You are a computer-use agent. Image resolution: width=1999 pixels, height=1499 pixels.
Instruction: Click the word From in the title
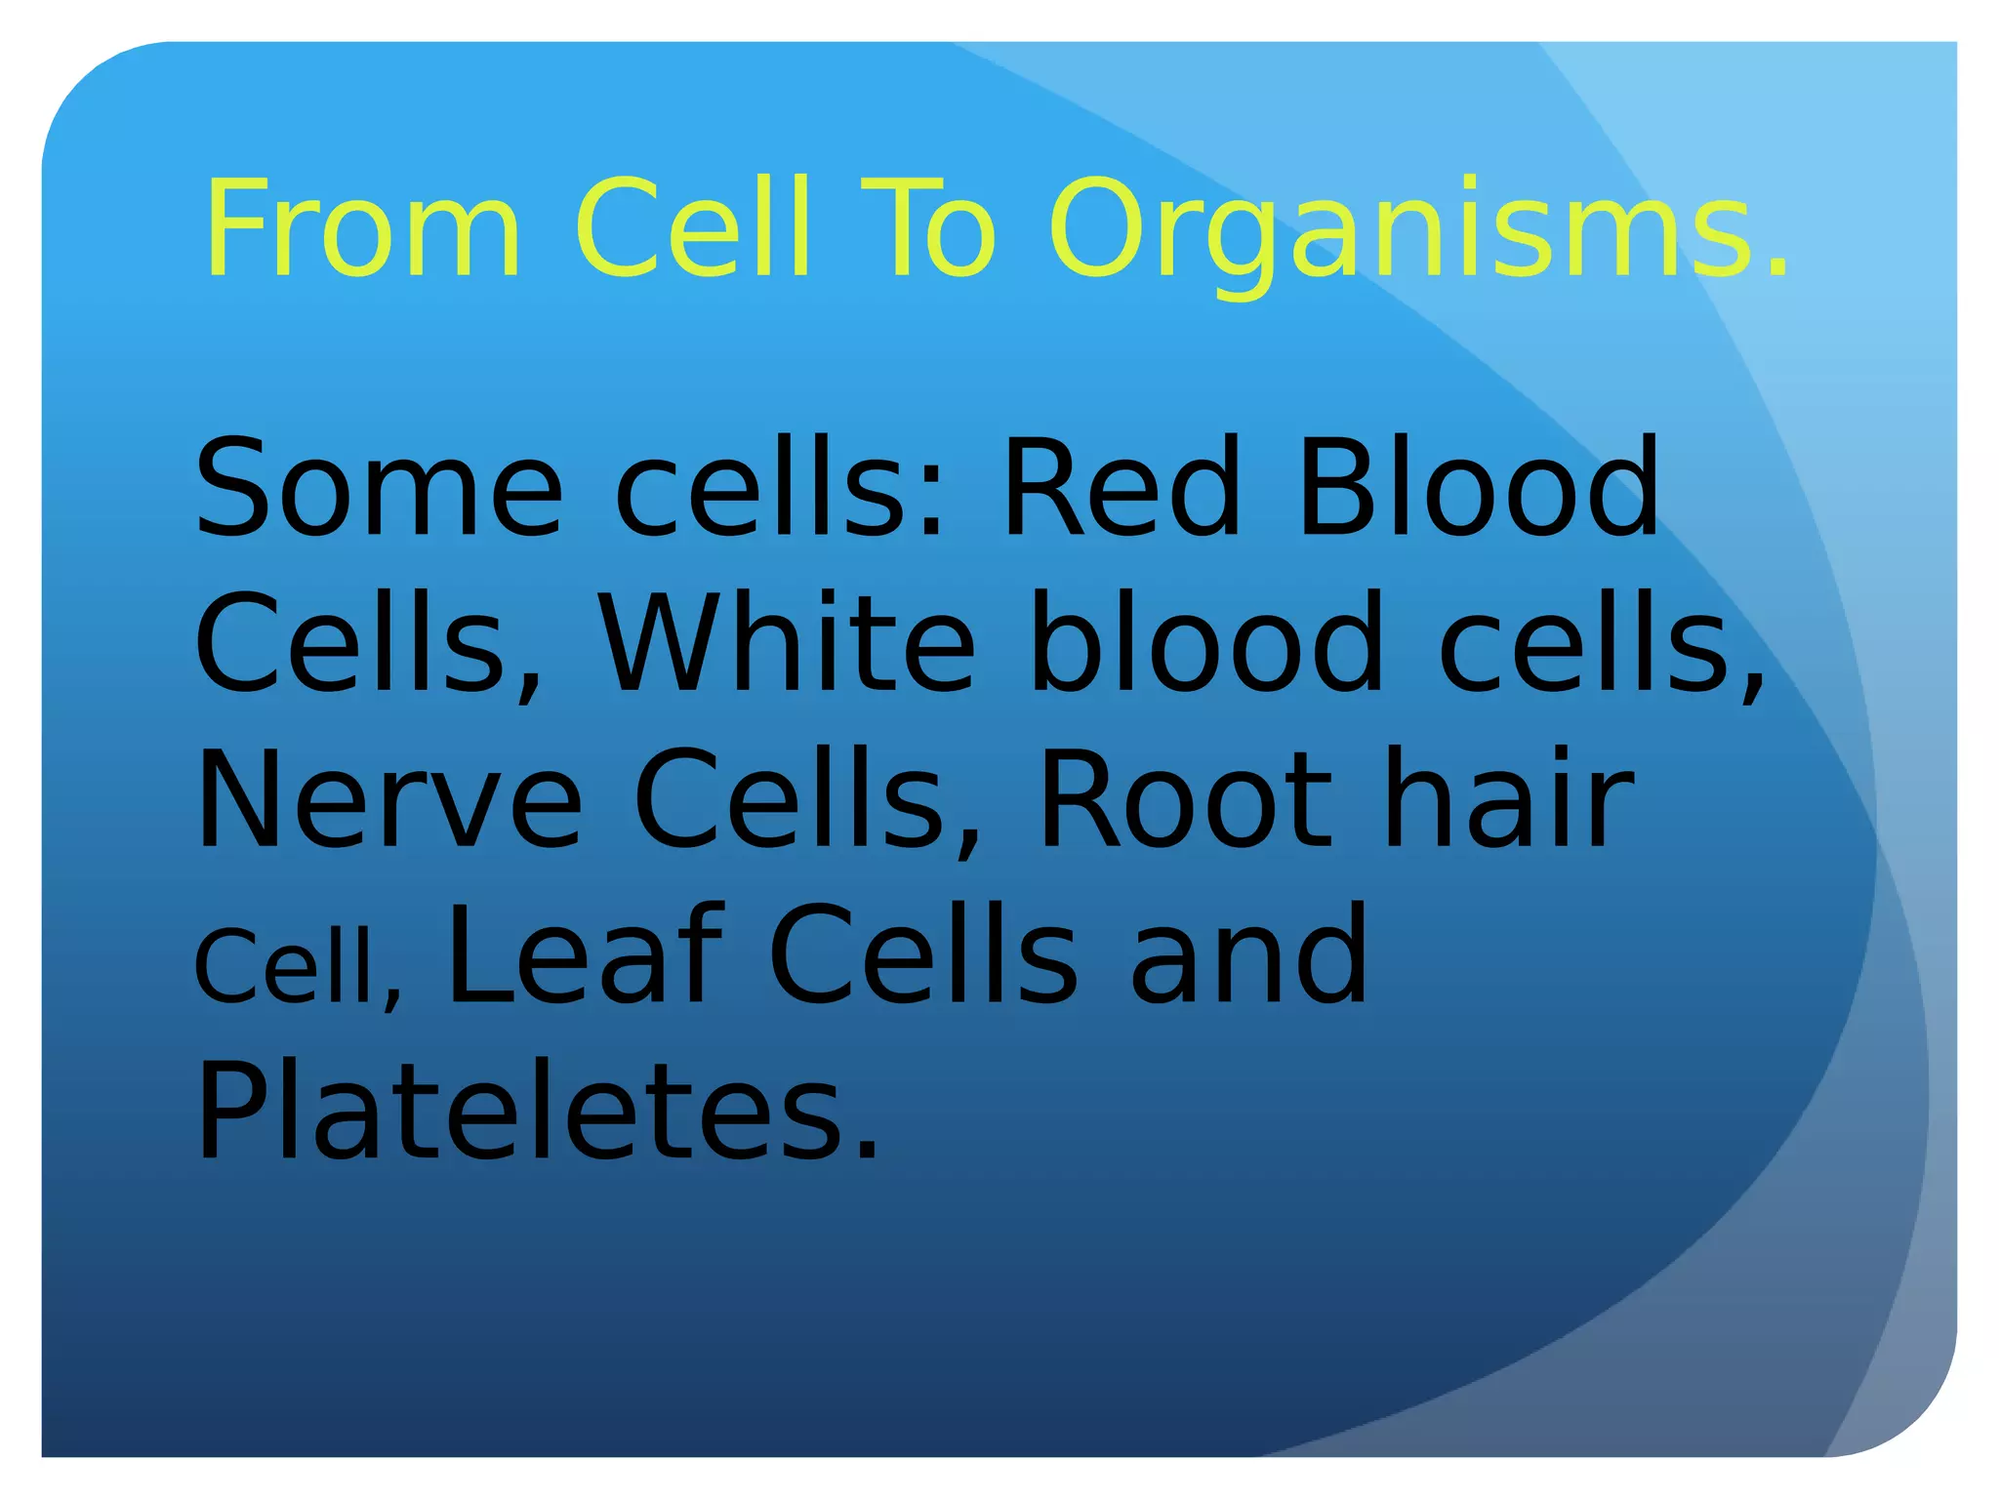[362, 229]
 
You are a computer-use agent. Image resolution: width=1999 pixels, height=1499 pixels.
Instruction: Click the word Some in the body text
[380, 488]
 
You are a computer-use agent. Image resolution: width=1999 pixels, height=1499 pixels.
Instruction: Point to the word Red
[1122, 488]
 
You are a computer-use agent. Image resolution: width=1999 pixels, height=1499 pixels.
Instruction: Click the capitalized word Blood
[1478, 488]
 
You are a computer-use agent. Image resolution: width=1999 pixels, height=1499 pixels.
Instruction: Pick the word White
[787, 644]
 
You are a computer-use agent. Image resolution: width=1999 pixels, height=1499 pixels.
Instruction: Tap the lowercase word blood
[1206, 644]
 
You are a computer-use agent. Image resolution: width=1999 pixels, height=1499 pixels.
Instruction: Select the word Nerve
[389, 800]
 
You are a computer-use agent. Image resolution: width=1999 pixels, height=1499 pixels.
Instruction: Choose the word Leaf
[585, 956]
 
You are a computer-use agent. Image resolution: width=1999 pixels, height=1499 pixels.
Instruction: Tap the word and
[1249, 956]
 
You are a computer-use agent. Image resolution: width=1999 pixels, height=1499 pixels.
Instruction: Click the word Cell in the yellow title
[692, 229]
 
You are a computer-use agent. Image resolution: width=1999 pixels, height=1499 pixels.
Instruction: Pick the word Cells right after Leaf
[923, 956]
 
